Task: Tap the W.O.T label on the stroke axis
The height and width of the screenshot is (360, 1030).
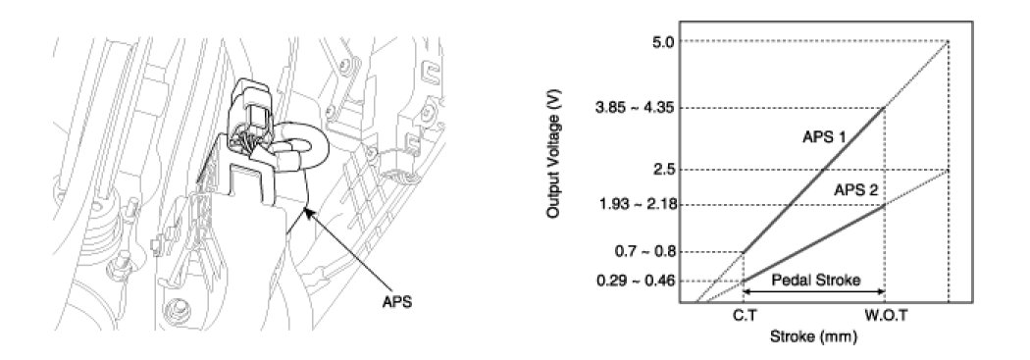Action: coord(886,316)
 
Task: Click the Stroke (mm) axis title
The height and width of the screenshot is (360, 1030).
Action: coord(814,338)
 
